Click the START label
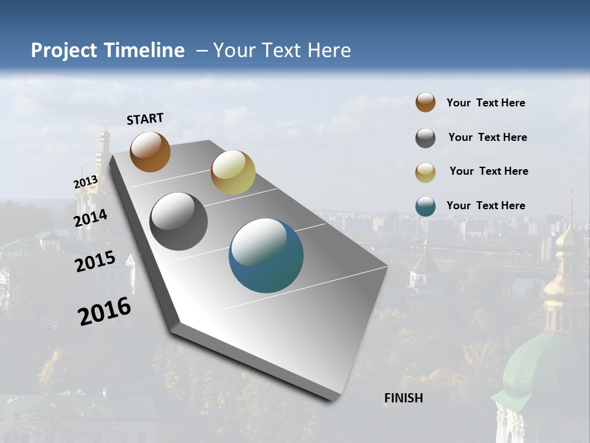coord(145,119)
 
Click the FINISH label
coord(403,398)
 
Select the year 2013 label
coord(85,182)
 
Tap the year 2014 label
coord(91,218)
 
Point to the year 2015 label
coord(95,261)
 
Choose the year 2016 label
coord(104,311)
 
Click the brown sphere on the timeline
coord(150,151)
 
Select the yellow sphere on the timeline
coord(233,172)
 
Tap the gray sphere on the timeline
coord(178,221)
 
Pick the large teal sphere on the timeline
coord(266,255)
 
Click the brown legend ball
coord(425,102)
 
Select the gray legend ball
coord(425,138)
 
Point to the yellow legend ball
coord(425,172)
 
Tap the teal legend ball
coord(425,206)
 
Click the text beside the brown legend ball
coord(486,103)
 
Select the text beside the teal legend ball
coord(486,206)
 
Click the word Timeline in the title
coord(144,50)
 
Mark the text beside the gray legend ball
coord(487,137)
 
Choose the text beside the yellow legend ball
coord(489,171)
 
